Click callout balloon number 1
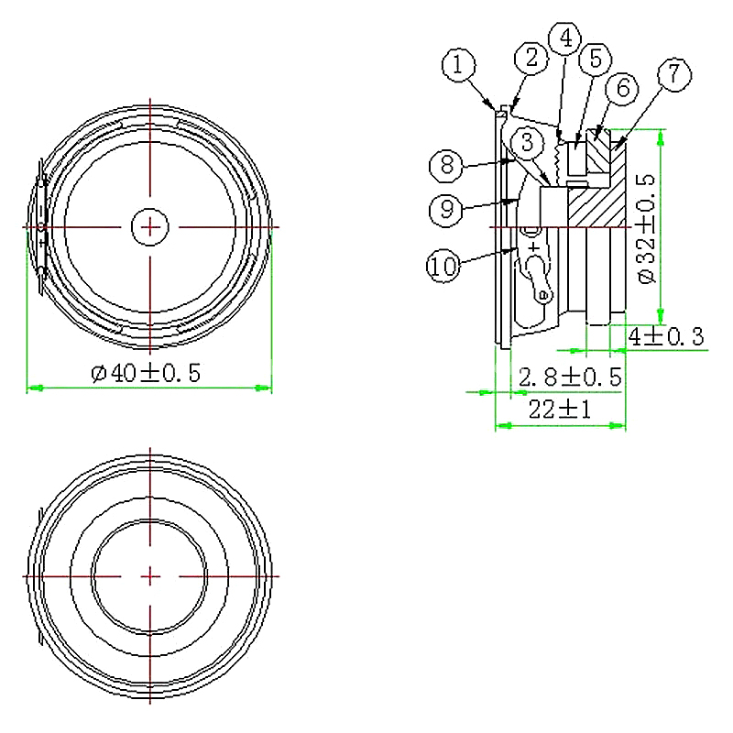pos(459,65)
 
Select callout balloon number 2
pos(531,59)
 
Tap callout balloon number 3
pos(528,142)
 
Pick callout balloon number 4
pos(565,38)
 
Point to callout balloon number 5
pos(596,60)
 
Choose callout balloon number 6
pos(623,88)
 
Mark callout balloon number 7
pos(674,74)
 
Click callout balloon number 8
pos(447,166)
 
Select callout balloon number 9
pos(446,210)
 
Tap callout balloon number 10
pos(443,267)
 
